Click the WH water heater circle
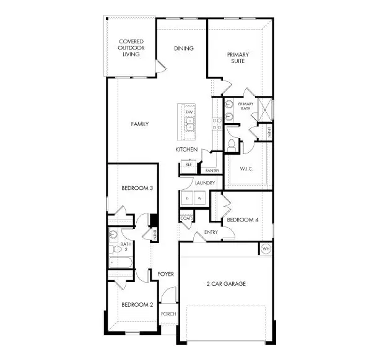[x=266, y=249]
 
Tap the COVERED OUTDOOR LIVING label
[x=131, y=48]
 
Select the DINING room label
[x=184, y=48]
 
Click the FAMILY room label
[x=139, y=124]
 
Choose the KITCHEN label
[x=186, y=150]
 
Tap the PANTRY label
[x=212, y=170]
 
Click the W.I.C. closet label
[x=246, y=169]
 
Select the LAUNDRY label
[x=204, y=183]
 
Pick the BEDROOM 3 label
[x=137, y=188]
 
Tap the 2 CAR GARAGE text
[x=226, y=284]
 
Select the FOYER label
[x=165, y=273]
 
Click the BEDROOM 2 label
[x=137, y=304]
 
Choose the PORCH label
[x=168, y=314]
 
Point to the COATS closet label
[x=186, y=218]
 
